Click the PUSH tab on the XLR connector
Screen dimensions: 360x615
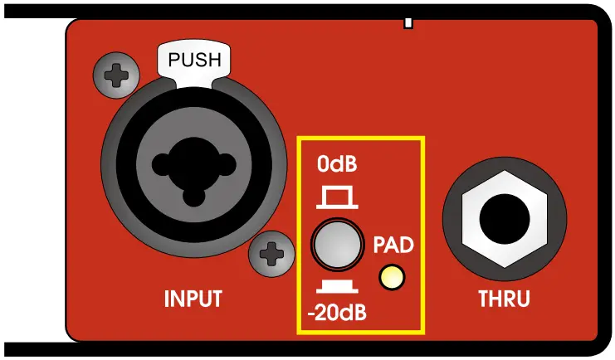pos(195,61)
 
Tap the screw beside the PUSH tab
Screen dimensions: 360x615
pos(114,77)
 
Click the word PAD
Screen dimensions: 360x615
pos(393,246)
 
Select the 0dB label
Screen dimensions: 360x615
pos(337,164)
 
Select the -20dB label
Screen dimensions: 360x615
pos(336,314)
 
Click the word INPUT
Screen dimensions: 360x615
pos(193,298)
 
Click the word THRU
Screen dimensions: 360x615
pos(505,298)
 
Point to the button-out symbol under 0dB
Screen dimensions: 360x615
pos(337,197)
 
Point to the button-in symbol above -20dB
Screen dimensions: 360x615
pos(337,287)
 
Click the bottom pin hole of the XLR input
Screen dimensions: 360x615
pos(193,197)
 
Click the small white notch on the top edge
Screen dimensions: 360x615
pos(408,20)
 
